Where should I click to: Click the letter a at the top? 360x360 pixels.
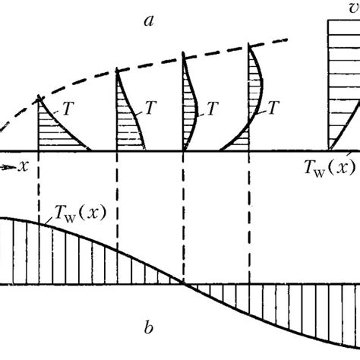pos(149,21)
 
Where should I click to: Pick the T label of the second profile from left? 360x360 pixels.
pos(152,109)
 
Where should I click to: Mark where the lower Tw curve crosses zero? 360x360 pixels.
pos(182,285)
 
